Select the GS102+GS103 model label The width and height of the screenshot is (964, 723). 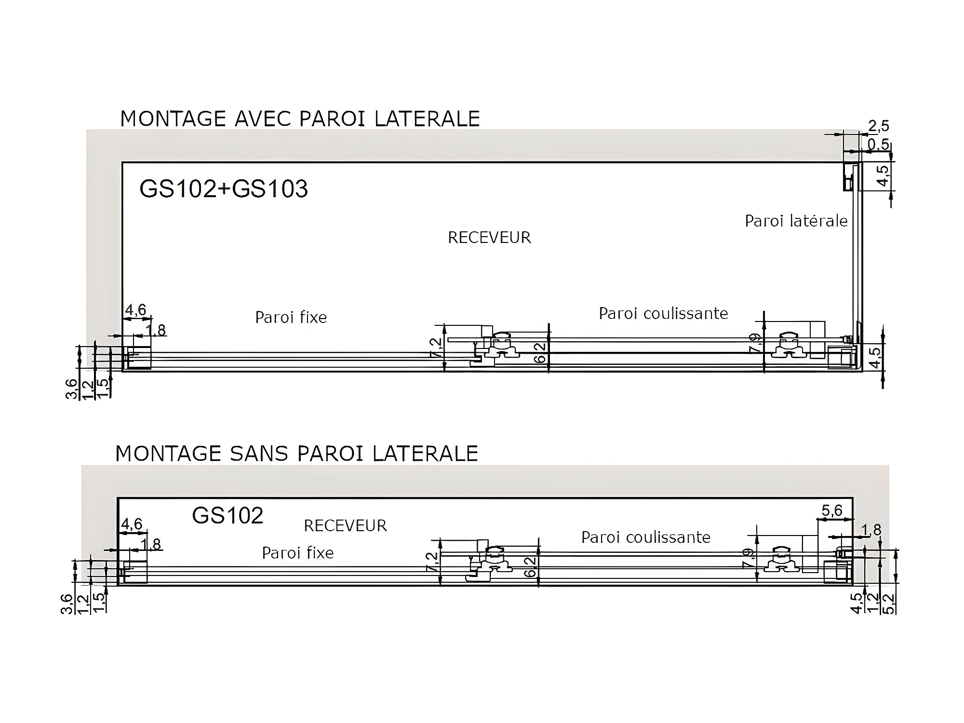pyautogui.click(x=223, y=188)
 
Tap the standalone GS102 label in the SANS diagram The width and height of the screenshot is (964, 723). pyautogui.click(x=228, y=516)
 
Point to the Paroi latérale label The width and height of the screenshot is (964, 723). pyautogui.click(x=796, y=221)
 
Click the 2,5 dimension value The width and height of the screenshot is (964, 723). pyautogui.click(x=878, y=126)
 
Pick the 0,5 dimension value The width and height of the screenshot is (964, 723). pyautogui.click(x=878, y=144)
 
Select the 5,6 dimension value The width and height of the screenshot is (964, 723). pyautogui.click(x=832, y=511)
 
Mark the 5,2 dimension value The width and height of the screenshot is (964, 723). pyautogui.click(x=889, y=603)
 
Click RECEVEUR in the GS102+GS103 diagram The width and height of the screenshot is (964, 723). pyautogui.click(x=489, y=238)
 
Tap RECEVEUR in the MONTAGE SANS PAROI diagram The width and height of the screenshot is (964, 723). pyautogui.click(x=345, y=525)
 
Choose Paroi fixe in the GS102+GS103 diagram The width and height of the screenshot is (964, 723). pyautogui.click(x=291, y=317)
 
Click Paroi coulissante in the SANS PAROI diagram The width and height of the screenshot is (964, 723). pyautogui.click(x=646, y=537)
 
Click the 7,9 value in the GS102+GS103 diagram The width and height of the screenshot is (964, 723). pyautogui.click(x=755, y=343)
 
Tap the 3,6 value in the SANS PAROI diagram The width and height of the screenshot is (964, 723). pyautogui.click(x=67, y=604)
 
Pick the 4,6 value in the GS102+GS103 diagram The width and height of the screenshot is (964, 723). pyautogui.click(x=135, y=310)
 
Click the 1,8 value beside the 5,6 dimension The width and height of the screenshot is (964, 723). pyautogui.click(x=870, y=530)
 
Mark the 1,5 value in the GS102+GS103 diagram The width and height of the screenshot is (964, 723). pyautogui.click(x=102, y=388)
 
